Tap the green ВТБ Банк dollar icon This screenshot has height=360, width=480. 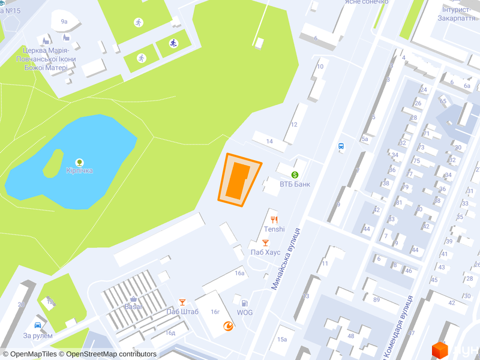coord(295,174)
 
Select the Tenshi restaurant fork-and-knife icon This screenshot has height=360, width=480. coord(274,220)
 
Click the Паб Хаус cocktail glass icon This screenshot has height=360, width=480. coord(265,242)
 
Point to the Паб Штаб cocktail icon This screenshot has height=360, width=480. coord(182,302)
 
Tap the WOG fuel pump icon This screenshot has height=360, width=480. coord(244,303)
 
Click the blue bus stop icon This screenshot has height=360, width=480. coord(341,146)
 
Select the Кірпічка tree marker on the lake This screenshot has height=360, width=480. coord(79,162)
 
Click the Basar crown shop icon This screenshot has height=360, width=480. coord(133,298)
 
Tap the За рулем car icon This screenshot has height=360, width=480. coord(38,325)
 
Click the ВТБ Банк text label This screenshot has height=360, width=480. coord(295,184)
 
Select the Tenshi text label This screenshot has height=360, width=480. coord(274,229)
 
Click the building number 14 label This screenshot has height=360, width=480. coord(269,142)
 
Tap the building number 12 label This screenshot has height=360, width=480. coord(294,125)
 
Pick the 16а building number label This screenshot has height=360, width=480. coord(240,273)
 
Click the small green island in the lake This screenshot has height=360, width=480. coord(52,163)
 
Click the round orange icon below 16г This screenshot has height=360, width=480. coord(228,326)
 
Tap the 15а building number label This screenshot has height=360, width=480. coord(282,339)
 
